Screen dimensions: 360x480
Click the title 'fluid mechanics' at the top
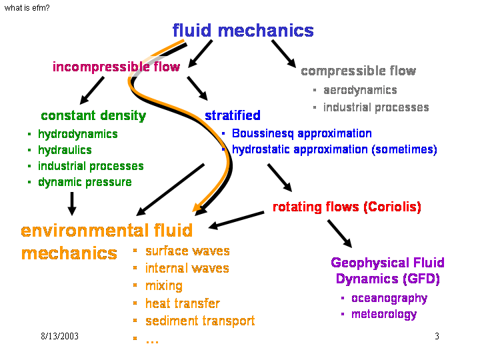click(x=243, y=31)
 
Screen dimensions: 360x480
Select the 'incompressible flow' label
click(x=116, y=67)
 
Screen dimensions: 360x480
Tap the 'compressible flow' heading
click(x=358, y=71)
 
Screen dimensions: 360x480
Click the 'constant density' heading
click(x=93, y=116)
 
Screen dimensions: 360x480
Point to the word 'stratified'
click(x=232, y=116)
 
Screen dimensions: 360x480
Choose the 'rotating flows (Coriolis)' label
click(x=347, y=207)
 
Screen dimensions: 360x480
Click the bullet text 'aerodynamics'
click(x=360, y=90)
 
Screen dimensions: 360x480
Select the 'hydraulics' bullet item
click(x=65, y=150)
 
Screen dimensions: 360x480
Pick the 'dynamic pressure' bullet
click(x=85, y=182)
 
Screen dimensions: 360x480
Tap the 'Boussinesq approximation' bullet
click(x=301, y=133)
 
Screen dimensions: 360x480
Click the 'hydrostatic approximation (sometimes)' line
click(x=334, y=149)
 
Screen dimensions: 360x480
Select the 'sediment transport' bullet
click(x=200, y=321)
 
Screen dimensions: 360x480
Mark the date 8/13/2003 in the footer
click(x=59, y=337)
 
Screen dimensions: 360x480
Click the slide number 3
click(x=437, y=337)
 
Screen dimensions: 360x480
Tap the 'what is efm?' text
click(x=27, y=8)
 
